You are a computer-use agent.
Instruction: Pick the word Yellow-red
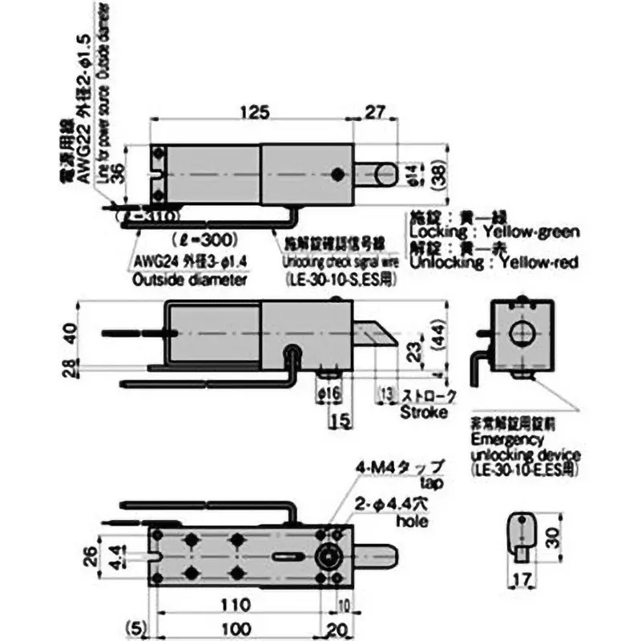(x=535, y=263)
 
